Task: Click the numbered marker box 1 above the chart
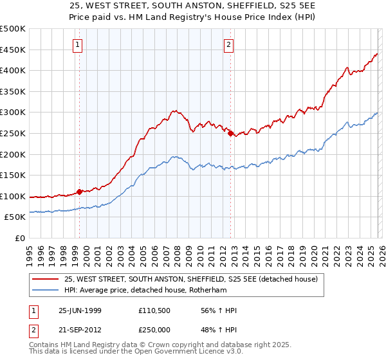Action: click(78, 45)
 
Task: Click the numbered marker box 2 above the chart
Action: click(228, 45)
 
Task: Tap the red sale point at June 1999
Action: click(80, 191)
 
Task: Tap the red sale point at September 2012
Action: click(230, 133)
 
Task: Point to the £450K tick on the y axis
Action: click(13, 50)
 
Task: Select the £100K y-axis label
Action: click(13, 196)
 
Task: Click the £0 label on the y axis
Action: click(21, 238)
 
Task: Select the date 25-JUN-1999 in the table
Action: click(80, 310)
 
